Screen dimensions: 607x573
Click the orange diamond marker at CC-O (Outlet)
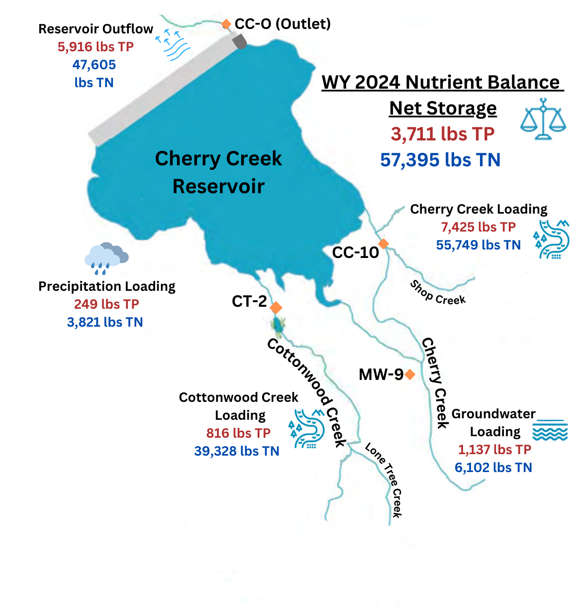pos(226,24)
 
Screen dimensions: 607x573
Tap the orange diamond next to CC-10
pos(383,243)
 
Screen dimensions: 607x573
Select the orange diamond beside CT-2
pos(276,307)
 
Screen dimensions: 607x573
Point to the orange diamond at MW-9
pos(409,374)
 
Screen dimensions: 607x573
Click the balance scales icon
pos(543,119)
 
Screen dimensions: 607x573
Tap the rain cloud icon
pos(106,258)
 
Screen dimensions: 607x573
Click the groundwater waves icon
pos(550,430)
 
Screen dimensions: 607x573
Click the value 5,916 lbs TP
pos(95,47)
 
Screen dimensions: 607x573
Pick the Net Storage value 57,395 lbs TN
pos(440,160)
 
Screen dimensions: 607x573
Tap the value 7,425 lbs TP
pos(478,227)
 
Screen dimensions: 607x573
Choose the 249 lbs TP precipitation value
pos(106,304)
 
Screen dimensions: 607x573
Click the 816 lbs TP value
pos(238,433)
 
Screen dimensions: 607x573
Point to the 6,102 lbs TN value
pos(493,468)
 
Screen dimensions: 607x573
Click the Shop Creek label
pos(437,293)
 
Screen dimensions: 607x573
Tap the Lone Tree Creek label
pos(384,479)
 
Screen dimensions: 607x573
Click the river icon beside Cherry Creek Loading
pos(551,240)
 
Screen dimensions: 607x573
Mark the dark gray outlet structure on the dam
pos(239,41)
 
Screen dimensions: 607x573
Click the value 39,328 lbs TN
pos(237,451)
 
